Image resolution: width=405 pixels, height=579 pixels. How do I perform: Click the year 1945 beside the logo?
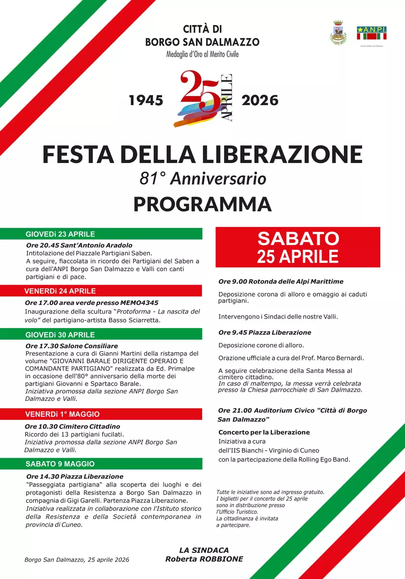tap(146, 100)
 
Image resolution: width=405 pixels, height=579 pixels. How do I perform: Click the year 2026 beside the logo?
tap(260, 100)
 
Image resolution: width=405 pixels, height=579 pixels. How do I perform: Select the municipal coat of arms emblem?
tap(337, 33)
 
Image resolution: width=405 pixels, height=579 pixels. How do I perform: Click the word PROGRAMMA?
tap(202, 204)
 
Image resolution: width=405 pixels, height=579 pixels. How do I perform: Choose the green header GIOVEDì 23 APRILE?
tap(60, 234)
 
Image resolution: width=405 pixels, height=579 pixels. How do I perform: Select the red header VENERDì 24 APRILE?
tap(60, 291)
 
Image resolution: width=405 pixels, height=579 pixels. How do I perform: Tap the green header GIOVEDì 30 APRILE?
tap(60, 335)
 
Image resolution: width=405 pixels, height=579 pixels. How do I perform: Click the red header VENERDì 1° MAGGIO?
tap(62, 414)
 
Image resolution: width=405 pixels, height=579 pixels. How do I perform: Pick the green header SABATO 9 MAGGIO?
tap(60, 464)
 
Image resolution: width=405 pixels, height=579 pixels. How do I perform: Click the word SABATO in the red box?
tap(298, 238)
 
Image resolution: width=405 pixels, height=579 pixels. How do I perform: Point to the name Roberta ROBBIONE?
tap(204, 559)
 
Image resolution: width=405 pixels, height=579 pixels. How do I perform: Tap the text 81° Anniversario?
tap(202, 179)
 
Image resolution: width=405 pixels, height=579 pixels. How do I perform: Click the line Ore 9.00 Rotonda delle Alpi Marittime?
tap(281, 281)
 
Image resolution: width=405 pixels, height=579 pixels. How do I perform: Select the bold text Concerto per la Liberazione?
tap(264, 432)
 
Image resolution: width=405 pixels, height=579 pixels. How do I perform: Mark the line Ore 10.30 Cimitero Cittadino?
tap(72, 427)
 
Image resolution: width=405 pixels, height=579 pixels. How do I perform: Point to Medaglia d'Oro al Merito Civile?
tap(202, 54)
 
